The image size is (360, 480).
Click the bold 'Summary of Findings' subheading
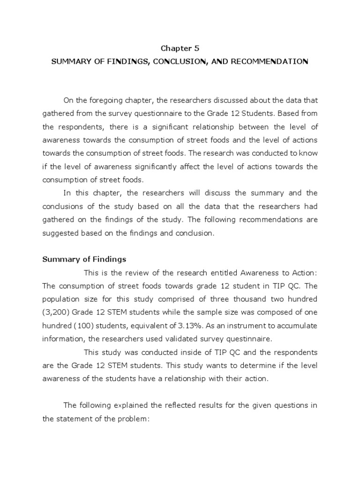[84, 259]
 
